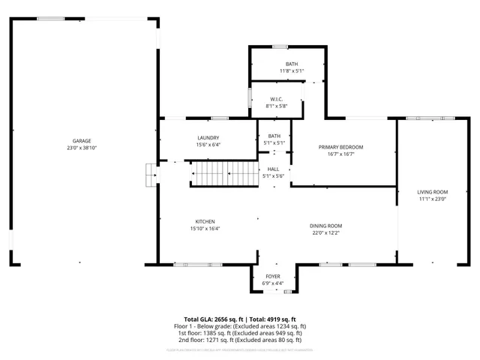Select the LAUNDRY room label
pyautogui.click(x=208, y=137)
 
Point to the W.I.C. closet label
pyautogui.click(x=276, y=98)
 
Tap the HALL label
pyautogui.click(x=274, y=169)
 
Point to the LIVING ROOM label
pyautogui.click(x=432, y=192)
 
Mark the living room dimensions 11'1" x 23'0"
pyautogui.click(x=432, y=199)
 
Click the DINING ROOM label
pyautogui.click(x=326, y=226)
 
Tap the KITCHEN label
pyautogui.click(x=205, y=222)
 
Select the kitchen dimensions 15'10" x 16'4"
pyautogui.click(x=205, y=229)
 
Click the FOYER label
pyautogui.click(x=273, y=276)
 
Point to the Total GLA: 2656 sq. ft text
pyautogui.click(x=212, y=319)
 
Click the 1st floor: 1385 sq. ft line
pyautogui.click(x=240, y=333)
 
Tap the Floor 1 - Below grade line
pyautogui.click(x=240, y=326)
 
